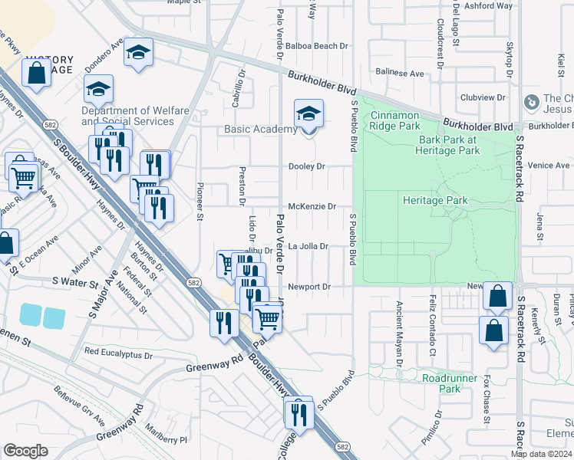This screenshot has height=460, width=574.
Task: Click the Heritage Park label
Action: coord(435,200)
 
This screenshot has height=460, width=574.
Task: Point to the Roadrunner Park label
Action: coord(441,383)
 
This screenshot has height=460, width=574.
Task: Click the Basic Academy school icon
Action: coord(308,115)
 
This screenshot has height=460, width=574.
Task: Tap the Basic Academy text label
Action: coord(260,130)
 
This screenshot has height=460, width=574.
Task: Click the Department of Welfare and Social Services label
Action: coord(135,116)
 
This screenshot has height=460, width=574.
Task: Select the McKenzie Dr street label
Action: coord(312,206)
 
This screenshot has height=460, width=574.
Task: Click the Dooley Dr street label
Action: coord(307,166)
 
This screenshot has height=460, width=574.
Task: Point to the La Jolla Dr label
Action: coord(308,247)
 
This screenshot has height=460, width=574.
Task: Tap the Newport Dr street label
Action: coord(309,287)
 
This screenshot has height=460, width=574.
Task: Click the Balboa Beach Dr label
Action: coord(316,46)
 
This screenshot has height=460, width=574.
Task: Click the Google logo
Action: coord(25,451)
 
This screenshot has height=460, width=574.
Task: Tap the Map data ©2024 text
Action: coord(541,454)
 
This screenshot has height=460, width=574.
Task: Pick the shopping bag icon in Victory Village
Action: coord(36,74)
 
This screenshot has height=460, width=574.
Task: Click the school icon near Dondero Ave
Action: coord(138,52)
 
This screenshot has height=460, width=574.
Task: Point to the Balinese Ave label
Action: coord(400,74)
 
